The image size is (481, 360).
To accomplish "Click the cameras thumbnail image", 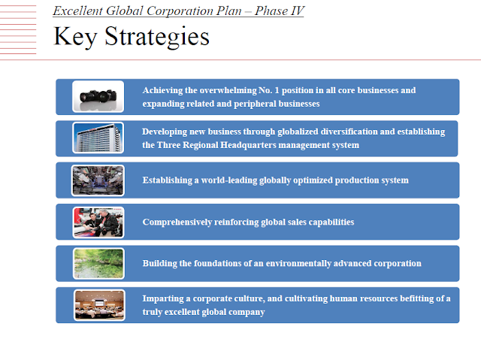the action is pos(98,96).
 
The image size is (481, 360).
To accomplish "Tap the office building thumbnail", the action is pos(98,138).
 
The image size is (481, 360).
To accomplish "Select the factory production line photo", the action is pos(98,180).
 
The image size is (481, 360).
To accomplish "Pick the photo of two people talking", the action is pos(98,222).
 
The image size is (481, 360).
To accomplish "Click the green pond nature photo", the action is pos(98,264).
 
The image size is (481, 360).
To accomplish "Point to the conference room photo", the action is pos(99,305).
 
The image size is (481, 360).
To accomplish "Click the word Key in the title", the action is pos(75,37).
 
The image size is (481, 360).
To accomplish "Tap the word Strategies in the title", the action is pos(157,37).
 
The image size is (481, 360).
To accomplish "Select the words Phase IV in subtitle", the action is pos(279,11).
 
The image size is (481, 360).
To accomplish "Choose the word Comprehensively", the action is pos(177,222).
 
